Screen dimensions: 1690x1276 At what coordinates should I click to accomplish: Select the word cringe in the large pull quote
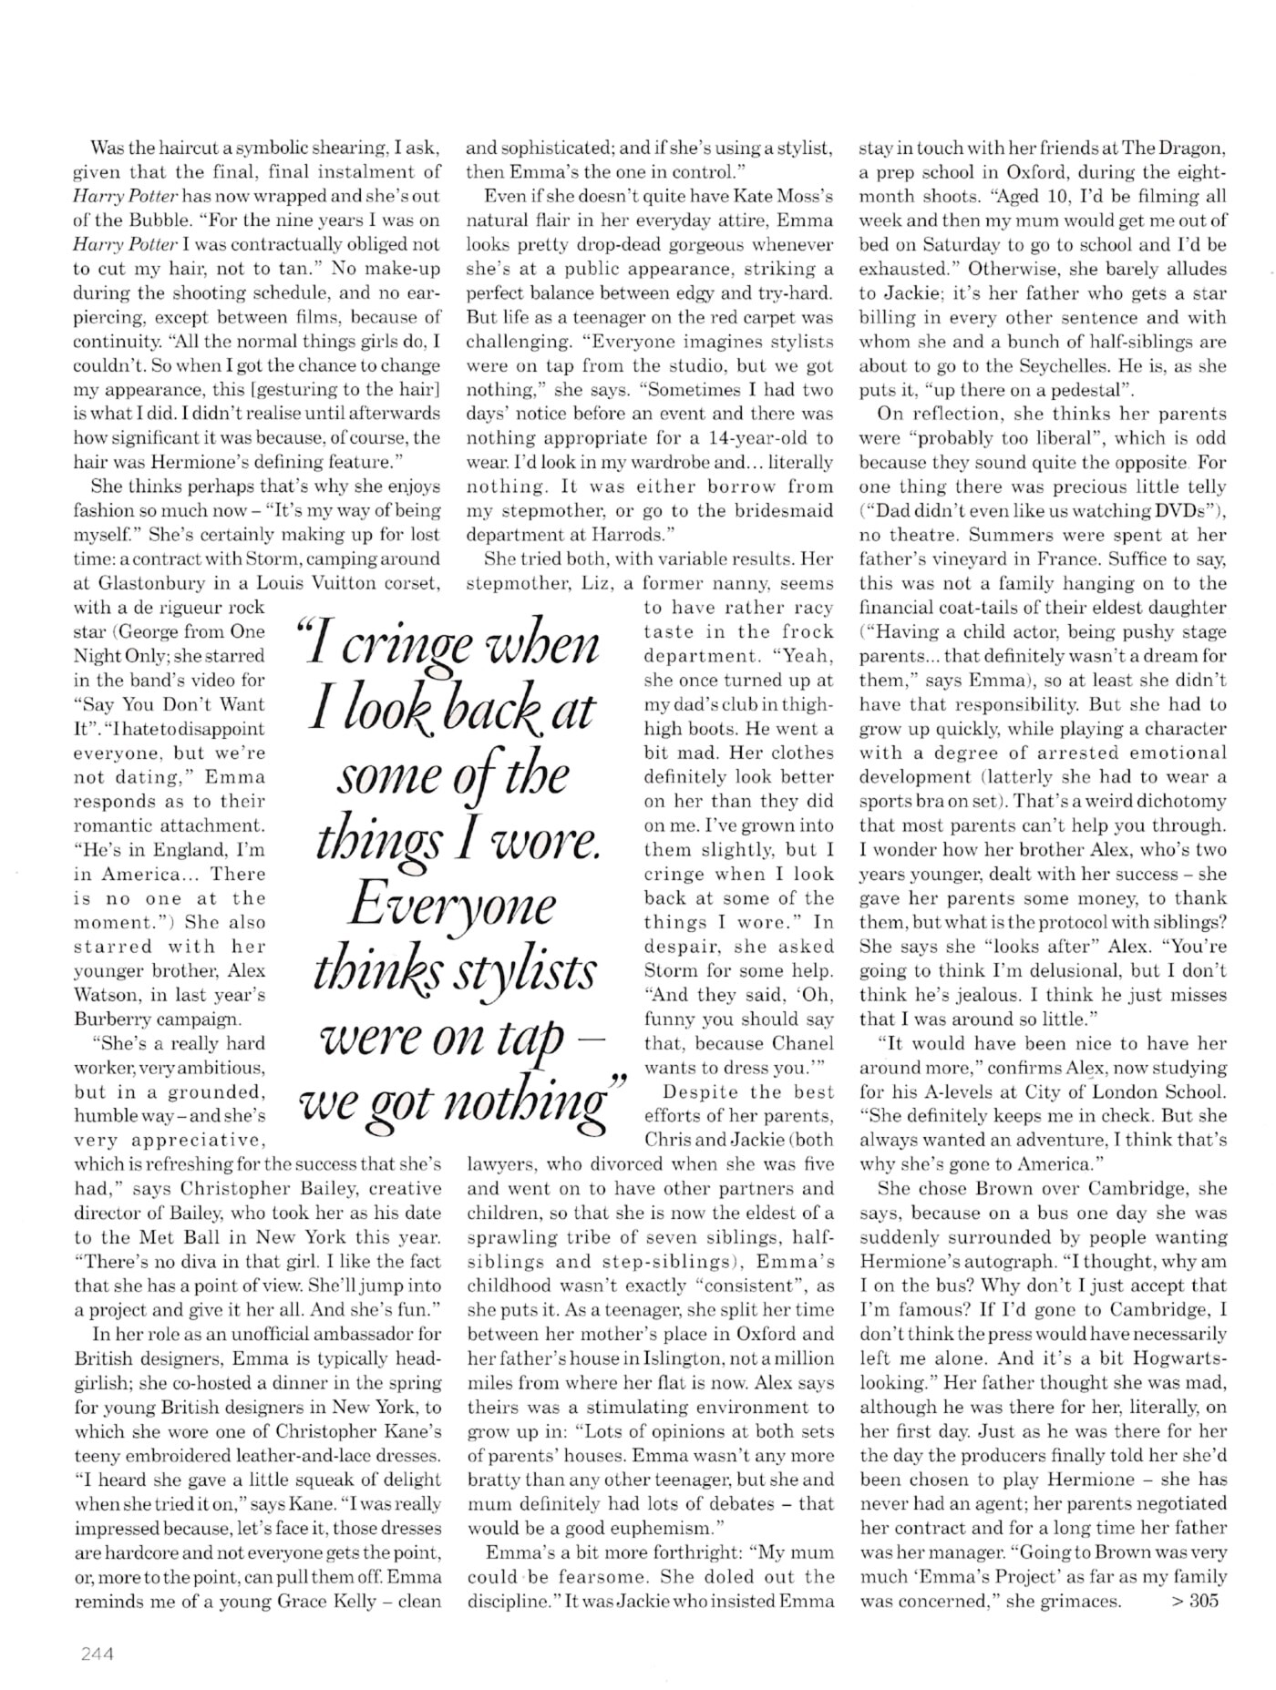coord(417,646)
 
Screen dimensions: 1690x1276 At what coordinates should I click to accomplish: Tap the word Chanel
coord(802,1043)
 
